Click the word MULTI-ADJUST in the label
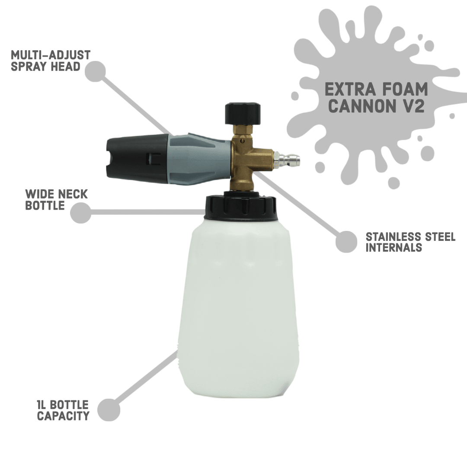click(51, 55)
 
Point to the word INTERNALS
click(393, 248)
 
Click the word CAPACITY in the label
click(63, 416)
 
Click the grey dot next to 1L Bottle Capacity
click(109, 410)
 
